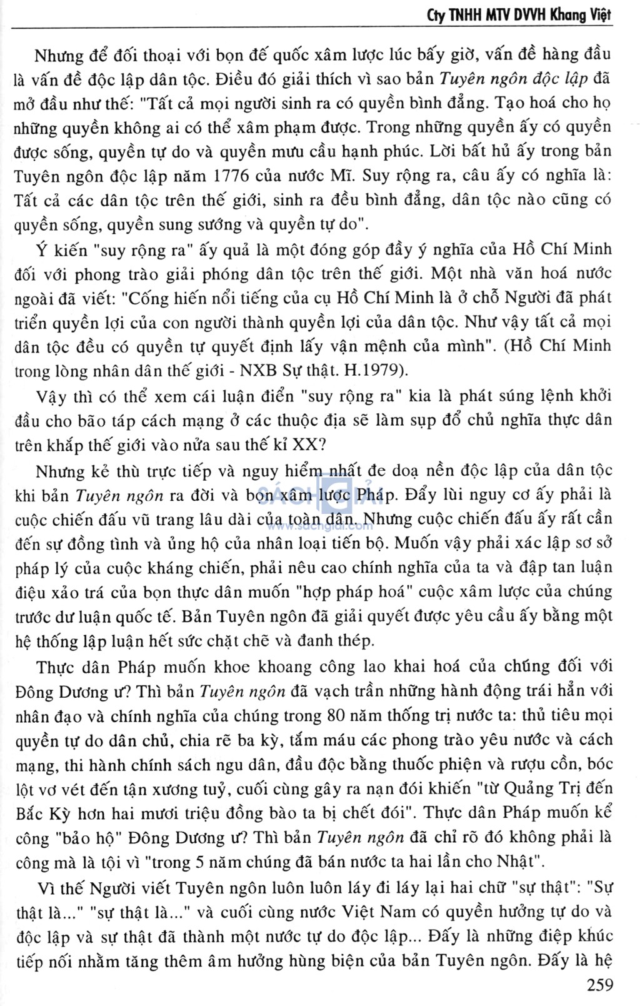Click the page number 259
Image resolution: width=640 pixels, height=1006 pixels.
coord(601,986)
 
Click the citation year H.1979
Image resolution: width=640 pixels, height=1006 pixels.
coord(380,371)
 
